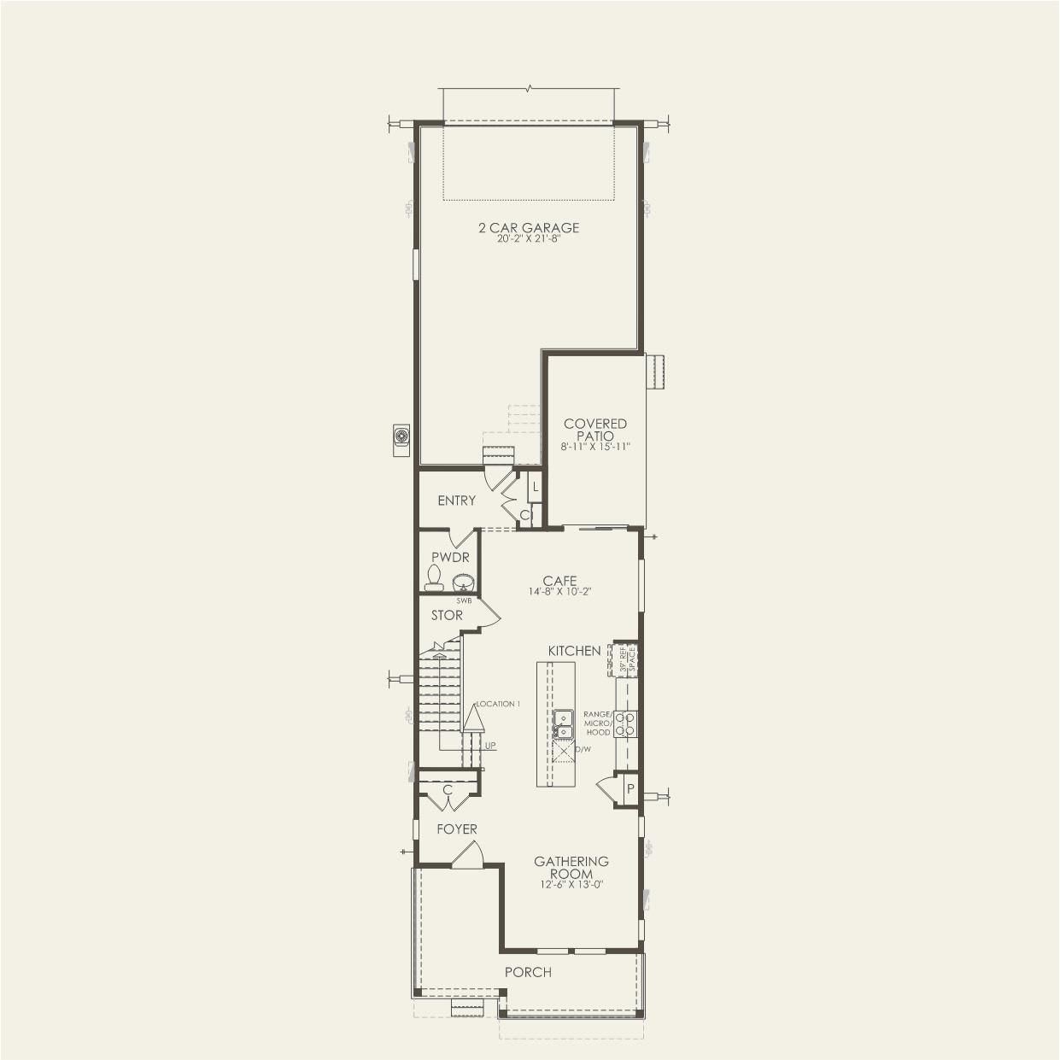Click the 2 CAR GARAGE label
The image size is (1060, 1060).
(528, 227)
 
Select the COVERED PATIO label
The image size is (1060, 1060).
(595, 430)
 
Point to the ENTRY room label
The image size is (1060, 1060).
(456, 501)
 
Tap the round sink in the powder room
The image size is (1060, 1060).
(462, 583)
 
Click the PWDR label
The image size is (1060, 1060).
(450, 557)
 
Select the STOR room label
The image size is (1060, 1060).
(447, 615)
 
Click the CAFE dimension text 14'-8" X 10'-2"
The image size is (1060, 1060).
(559, 591)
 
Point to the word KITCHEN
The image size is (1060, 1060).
(574, 651)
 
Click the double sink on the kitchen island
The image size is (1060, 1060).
(563, 723)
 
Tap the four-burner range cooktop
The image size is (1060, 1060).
(626, 723)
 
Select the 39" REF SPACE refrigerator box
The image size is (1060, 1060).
(626, 659)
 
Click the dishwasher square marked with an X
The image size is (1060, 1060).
(563, 750)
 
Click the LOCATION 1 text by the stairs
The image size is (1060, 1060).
(498, 704)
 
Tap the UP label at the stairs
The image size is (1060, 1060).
(490, 745)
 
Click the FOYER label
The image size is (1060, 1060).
(457, 829)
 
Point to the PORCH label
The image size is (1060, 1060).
(528, 972)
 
